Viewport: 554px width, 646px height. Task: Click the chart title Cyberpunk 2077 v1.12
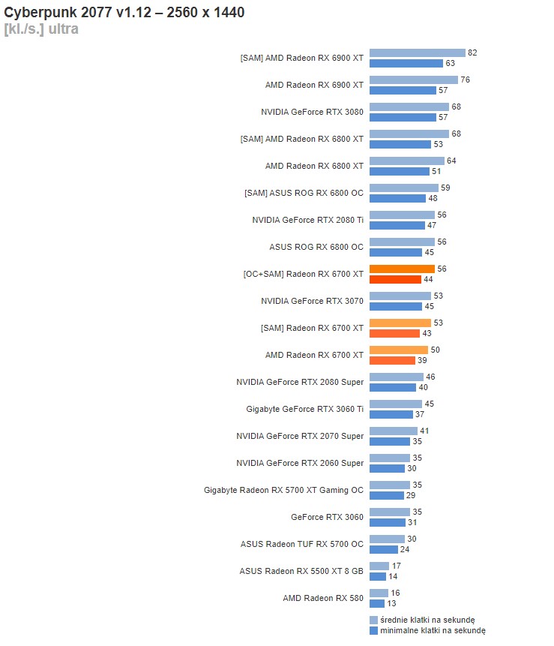(x=124, y=13)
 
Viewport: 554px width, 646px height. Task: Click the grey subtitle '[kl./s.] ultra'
(x=41, y=29)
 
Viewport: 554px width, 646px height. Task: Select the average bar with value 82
(x=417, y=53)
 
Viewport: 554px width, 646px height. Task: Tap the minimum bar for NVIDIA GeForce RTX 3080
(x=403, y=117)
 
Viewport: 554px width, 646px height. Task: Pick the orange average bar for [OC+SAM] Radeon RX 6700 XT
(x=402, y=269)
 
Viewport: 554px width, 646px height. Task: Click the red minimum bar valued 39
(x=392, y=360)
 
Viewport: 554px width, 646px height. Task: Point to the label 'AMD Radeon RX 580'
(x=323, y=598)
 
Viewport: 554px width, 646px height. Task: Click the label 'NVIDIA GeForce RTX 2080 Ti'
(x=307, y=220)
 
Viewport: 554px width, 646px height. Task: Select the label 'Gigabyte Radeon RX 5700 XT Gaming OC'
(x=283, y=490)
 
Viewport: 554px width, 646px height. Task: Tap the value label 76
(x=465, y=80)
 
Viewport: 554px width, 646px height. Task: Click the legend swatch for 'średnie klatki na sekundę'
(x=373, y=620)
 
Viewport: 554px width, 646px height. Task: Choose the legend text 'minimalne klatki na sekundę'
(x=427, y=631)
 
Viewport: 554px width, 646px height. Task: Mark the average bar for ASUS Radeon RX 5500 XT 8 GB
(x=379, y=566)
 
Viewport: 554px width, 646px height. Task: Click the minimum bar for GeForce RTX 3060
(x=388, y=522)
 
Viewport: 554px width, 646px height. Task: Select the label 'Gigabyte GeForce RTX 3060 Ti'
(x=304, y=409)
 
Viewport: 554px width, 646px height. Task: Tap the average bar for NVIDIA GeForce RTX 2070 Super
(x=394, y=431)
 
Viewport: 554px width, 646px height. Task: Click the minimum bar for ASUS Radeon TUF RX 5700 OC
(x=383, y=549)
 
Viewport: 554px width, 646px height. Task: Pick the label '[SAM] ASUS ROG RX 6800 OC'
(x=304, y=193)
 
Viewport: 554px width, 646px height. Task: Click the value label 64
(x=451, y=161)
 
